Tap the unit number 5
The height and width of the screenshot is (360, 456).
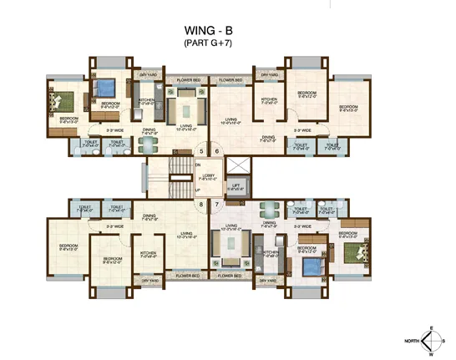click(x=200, y=151)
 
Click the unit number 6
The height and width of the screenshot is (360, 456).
click(x=216, y=151)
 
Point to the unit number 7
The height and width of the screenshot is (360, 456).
click(x=216, y=204)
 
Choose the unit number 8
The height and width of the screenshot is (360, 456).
click(x=200, y=204)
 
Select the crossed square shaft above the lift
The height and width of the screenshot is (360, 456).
click(x=237, y=164)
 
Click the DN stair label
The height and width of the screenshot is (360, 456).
click(x=198, y=165)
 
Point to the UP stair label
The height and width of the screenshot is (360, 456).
click(x=198, y=190)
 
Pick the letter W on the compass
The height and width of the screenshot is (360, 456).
click(x=433, y=353)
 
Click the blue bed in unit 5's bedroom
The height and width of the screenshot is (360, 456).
click(x=106, y=86)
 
